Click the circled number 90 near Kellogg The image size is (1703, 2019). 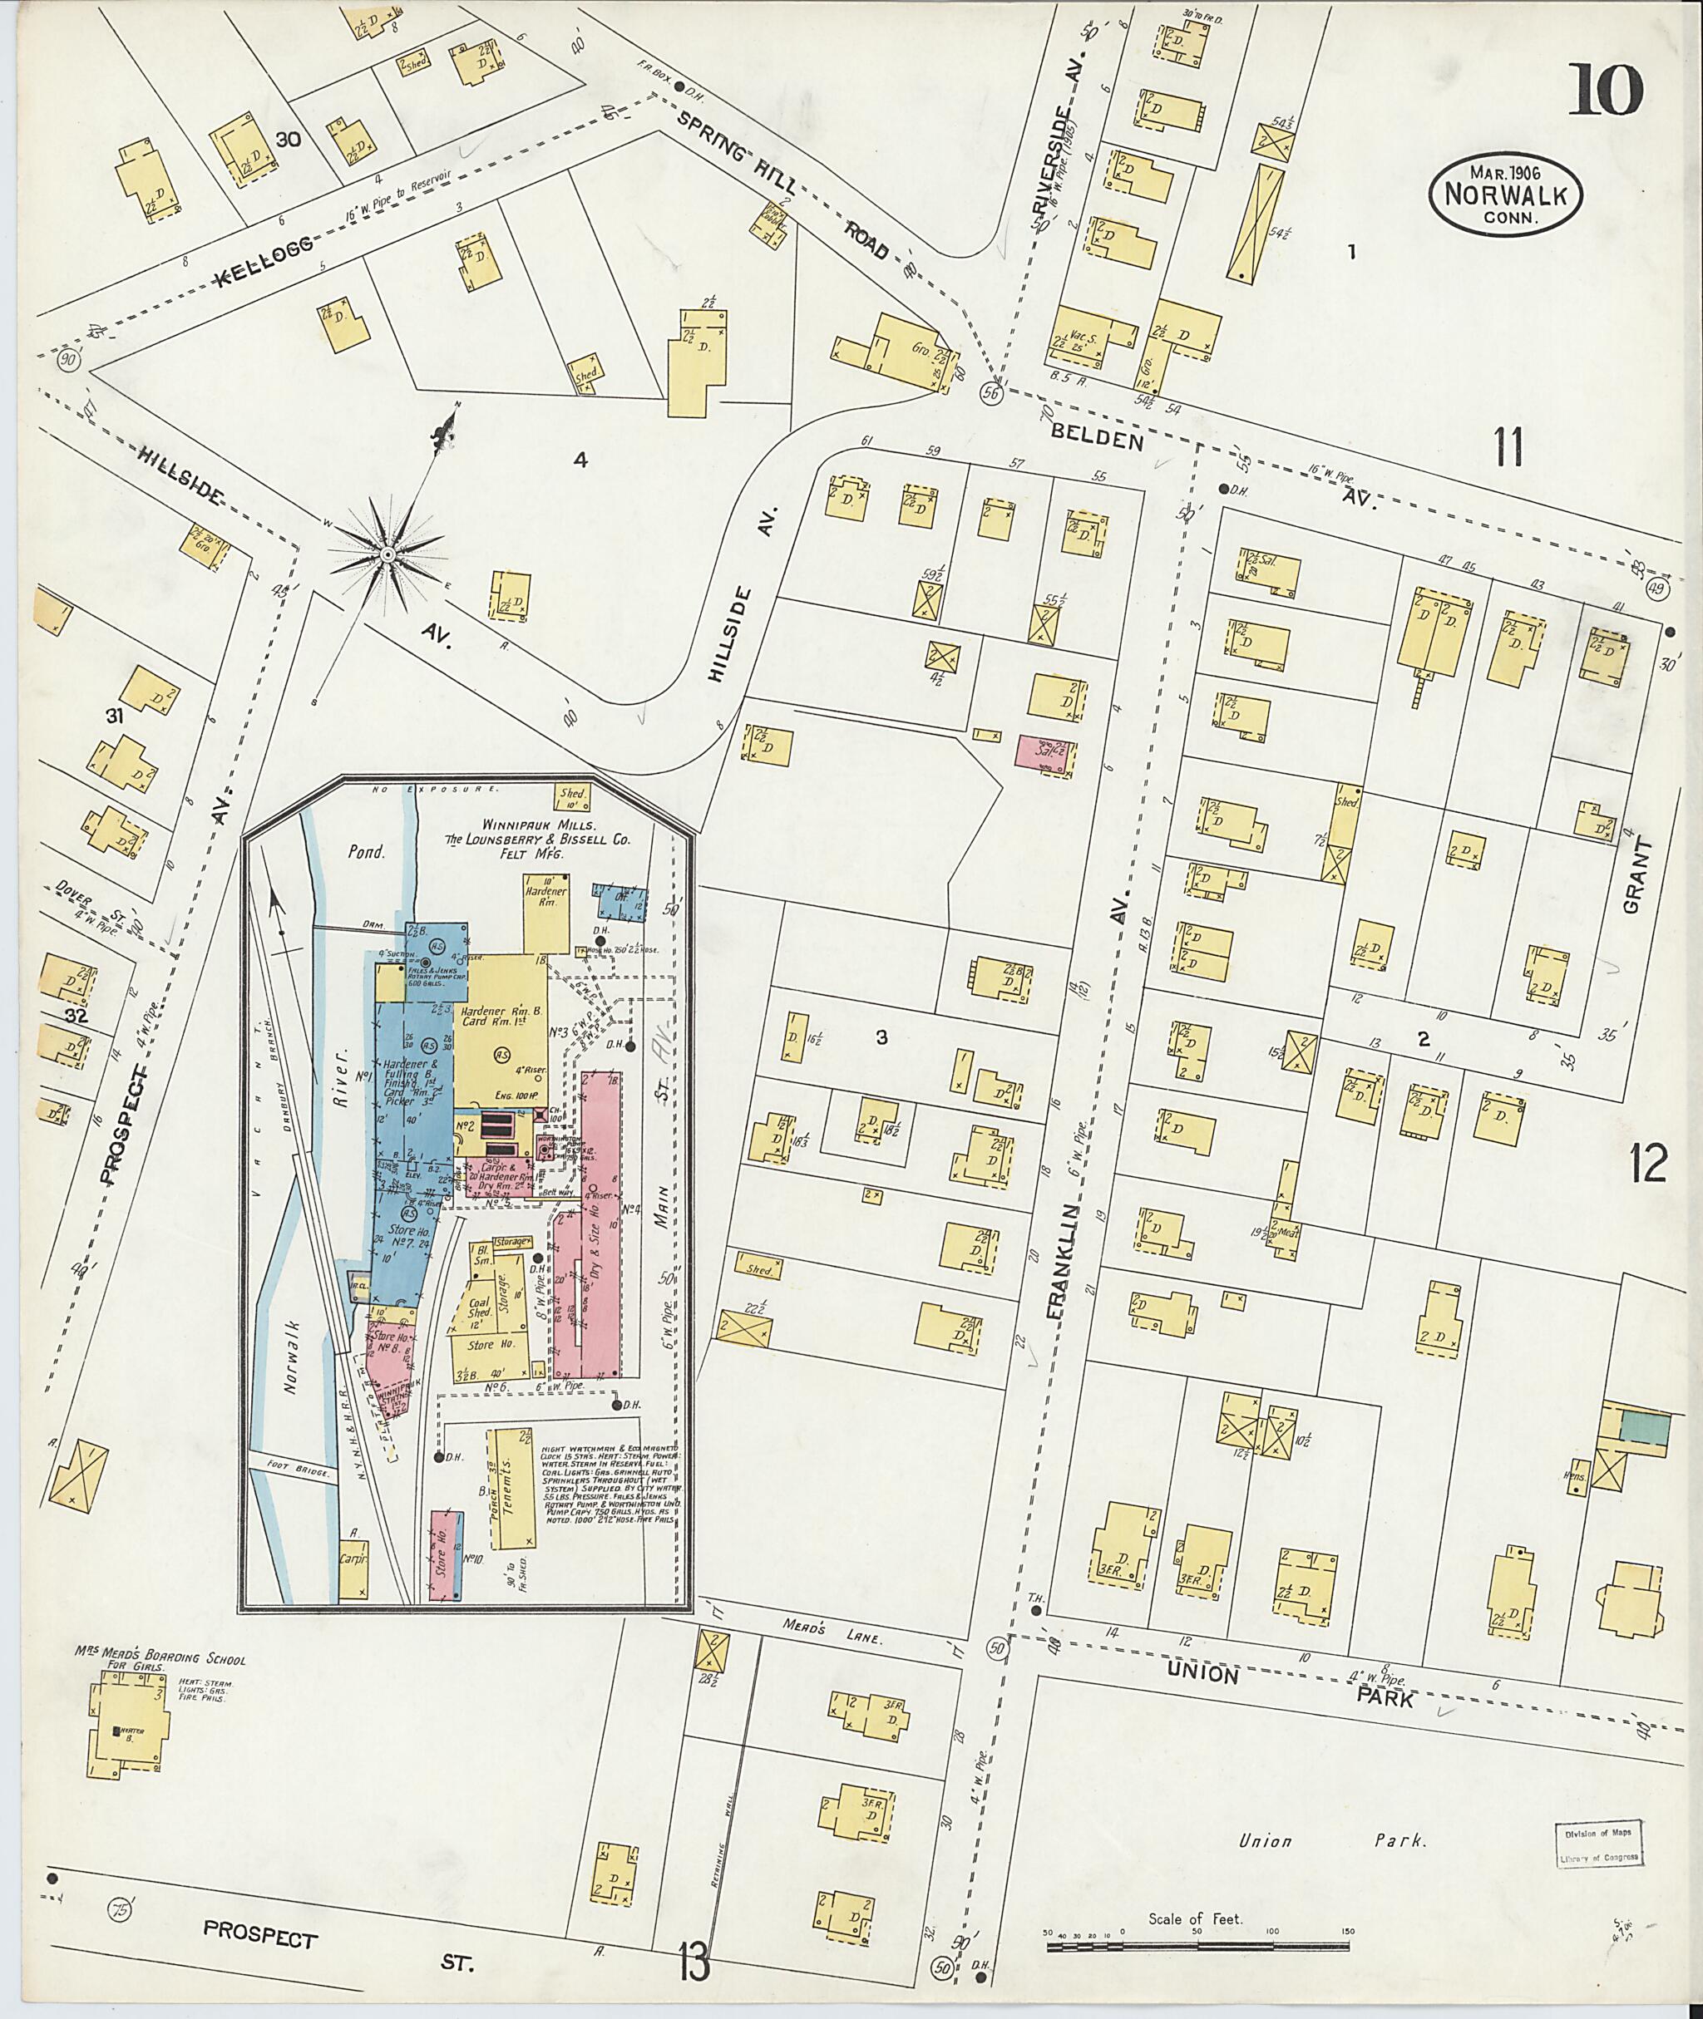(67, 360)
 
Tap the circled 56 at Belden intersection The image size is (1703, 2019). (990, 393)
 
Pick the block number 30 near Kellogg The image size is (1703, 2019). (287, 140)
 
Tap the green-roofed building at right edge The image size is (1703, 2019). (1643, 1430)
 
